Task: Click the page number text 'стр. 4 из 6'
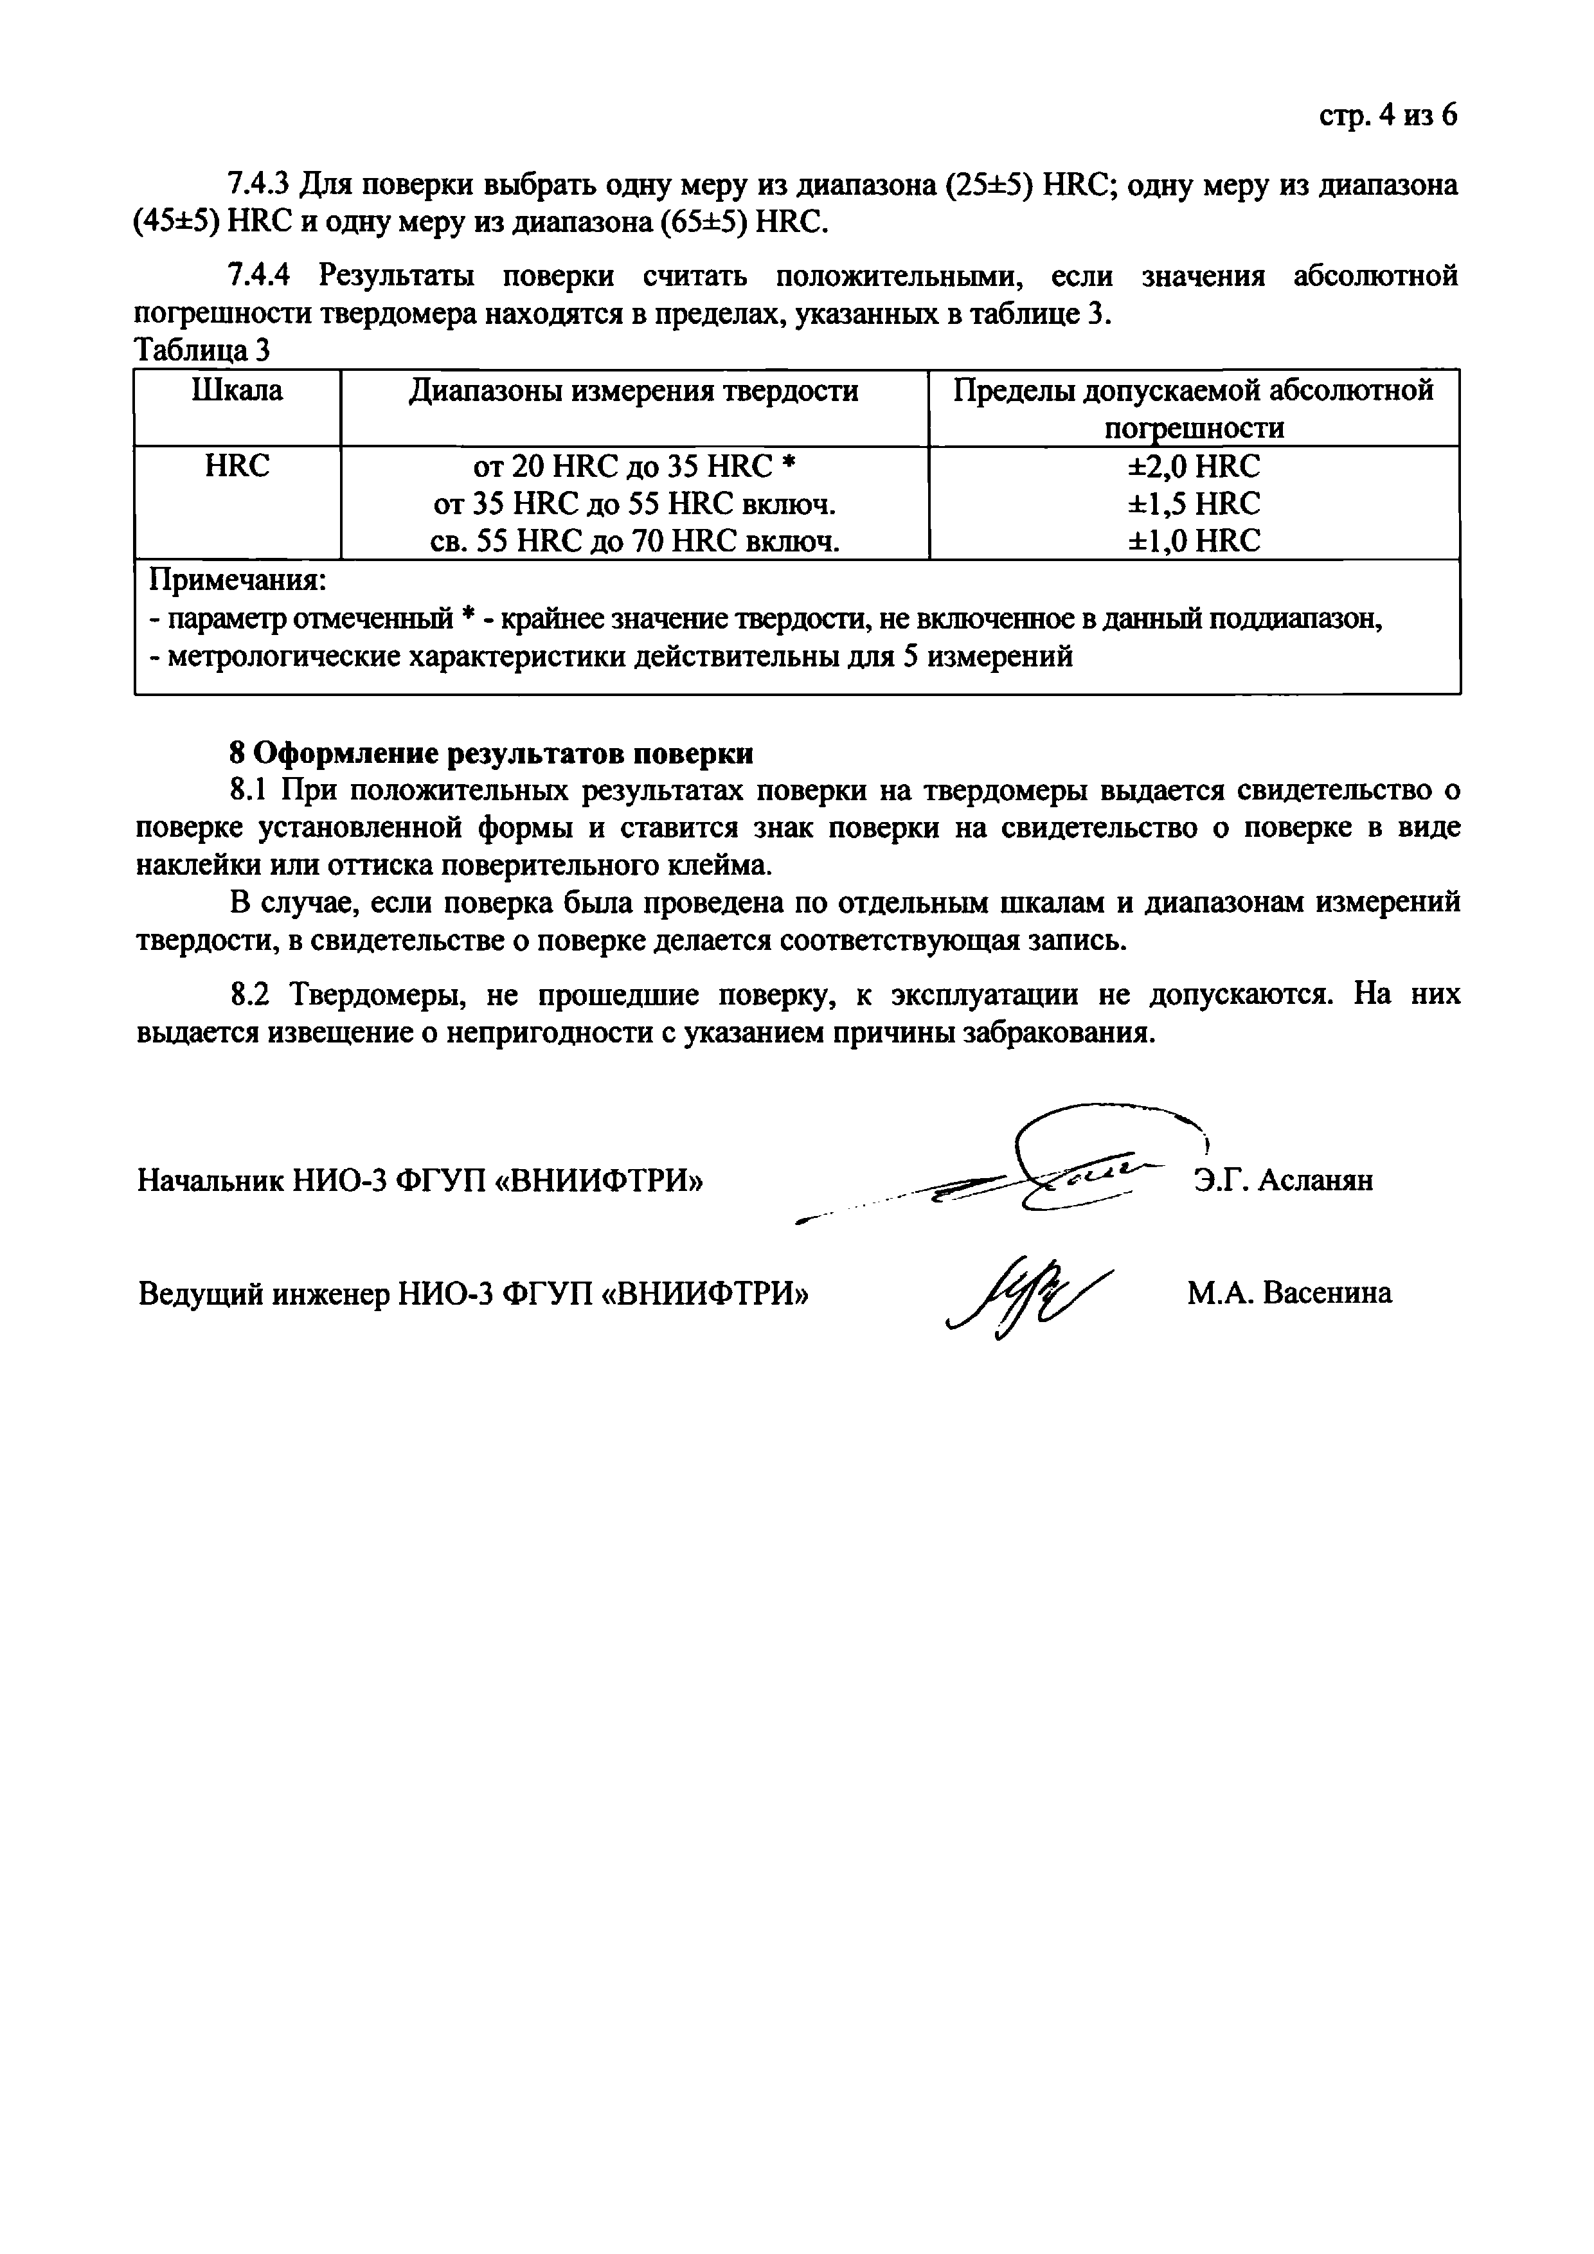pyautogui.click(x=1387, y=116)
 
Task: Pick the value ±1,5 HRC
pyautogui.click(x=1194, y=504)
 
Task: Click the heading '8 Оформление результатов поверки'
pyautogui.click(x=491, y=753)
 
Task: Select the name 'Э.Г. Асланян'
pyautogui.click(x=1283, y=1179)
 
